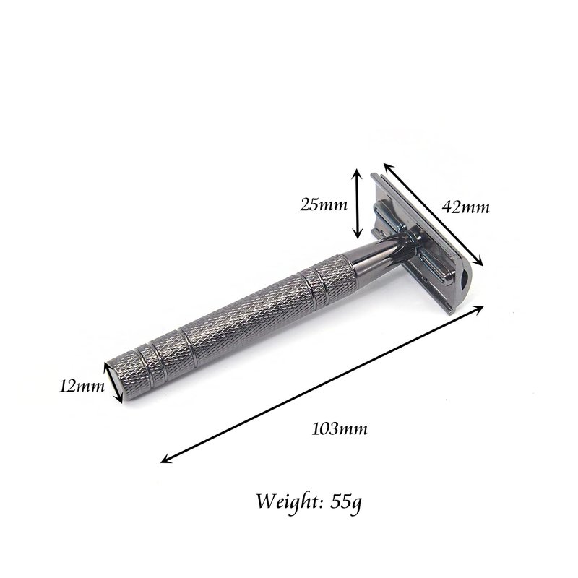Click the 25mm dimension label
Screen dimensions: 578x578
pyautogui.click(x=323, y=204)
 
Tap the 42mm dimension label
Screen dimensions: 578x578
pyautogui.click(x=465, y=207)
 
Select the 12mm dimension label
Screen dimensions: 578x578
pyautogui.click(x=82, y=387)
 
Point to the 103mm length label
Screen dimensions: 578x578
pyautogui.click(x=340, y=428)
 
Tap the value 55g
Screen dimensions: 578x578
pyautogui.click(x=346, y=501)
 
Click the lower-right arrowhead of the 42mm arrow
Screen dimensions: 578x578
pyautogui.click(x=478, y=262)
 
